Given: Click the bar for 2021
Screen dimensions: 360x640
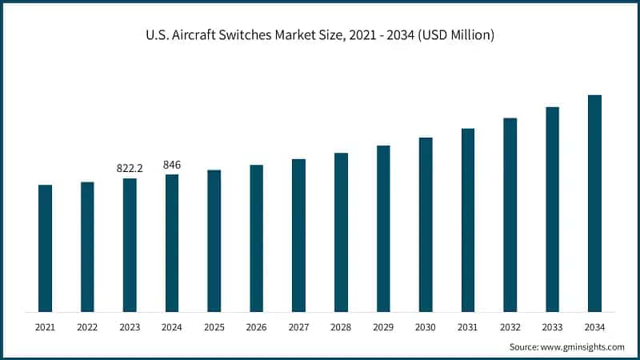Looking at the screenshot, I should pyautogui.click(x=45, y=248).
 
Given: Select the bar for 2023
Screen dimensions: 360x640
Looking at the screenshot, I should pyautogui.click(x=130, y=245).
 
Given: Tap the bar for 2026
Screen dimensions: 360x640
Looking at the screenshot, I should pyautogui.click(x=256, y=238).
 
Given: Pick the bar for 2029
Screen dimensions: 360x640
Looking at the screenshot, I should pyautogui.click(x=383, y=229).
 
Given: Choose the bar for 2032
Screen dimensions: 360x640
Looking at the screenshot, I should pyautogui.click(x=510, y=214).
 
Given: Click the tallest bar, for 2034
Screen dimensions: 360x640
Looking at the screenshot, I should pyautogui.click(x=594, y=203).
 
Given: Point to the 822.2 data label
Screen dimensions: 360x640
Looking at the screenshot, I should pyautogui.click(x=130, y=169).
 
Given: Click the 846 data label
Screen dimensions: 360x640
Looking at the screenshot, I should pyautogui.click(x=172, y=165).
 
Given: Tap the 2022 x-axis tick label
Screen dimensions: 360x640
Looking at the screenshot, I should pyautogui.click(x=87, y=326).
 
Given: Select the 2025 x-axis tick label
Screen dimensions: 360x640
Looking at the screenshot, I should pyautogui.click(x=214, y=326).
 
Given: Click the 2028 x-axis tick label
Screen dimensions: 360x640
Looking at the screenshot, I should pyautogui.click(x=341, y=326).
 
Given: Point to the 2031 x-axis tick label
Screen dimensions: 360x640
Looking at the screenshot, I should pyautogui.click(x=467, y=326).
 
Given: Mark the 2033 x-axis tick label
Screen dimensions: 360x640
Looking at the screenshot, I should pyautogui.click(x=552, y=326).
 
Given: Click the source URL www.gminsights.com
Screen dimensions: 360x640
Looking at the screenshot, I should pyautogui.click(x=584, y=347).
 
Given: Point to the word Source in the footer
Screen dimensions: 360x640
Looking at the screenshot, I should pyautogui.click(x=524, y=347).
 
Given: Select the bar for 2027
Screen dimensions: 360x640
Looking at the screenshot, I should pyautogui.click(x=298, y=235).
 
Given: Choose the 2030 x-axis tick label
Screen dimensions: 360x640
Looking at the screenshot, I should pyautogui.click(x=425, y=326).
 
